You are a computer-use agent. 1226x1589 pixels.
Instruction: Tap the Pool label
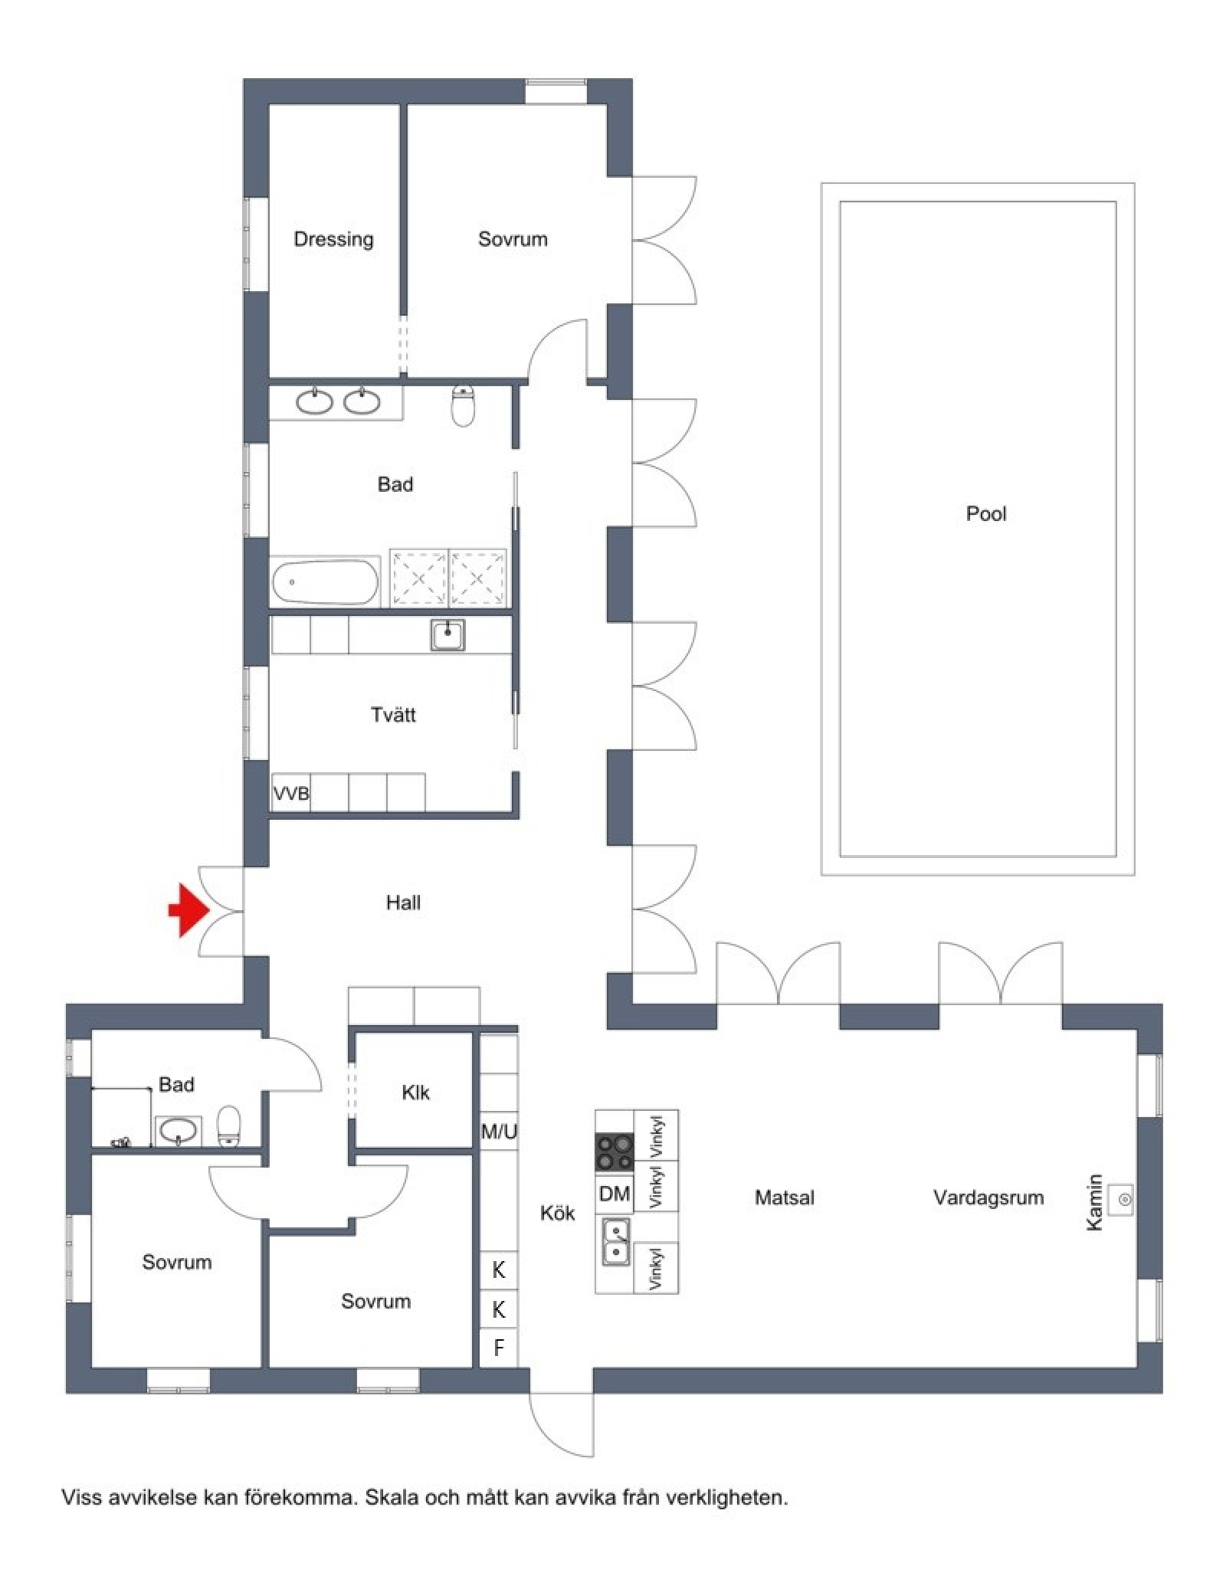[985, 513]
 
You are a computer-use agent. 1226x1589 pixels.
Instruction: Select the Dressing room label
[333, 239]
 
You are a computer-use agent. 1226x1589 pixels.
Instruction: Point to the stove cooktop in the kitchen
[615, 1152]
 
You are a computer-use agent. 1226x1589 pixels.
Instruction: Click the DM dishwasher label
[615, 1193]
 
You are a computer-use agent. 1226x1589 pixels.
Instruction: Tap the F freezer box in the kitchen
[499, 1348]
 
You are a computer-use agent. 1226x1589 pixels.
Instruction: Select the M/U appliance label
[499, 1131]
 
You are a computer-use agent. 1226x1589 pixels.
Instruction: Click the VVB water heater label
[291, 794]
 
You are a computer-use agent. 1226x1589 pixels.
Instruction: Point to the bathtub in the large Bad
[326, 582]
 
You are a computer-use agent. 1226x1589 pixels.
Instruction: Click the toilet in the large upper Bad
[464, 405]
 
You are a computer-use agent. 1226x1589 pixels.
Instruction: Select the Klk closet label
[415, 1093]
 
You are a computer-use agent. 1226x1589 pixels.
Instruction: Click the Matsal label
[784, 1197]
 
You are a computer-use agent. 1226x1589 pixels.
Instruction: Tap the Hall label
[403, 903]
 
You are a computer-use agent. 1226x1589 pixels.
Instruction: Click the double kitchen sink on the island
[615, 1240]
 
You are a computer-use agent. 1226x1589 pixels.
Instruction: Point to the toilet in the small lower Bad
[229, 1126]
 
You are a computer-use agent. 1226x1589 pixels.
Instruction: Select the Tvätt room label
[393, 715]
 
